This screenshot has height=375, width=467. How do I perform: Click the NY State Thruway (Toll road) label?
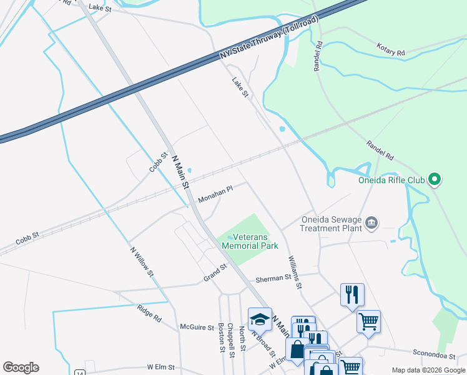269,38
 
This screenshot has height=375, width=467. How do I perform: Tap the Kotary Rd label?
391,49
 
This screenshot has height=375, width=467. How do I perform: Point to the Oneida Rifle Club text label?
391,181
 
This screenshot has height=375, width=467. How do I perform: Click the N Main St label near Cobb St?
180,172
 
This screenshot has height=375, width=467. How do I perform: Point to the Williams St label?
295,272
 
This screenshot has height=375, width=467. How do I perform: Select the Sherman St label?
274,279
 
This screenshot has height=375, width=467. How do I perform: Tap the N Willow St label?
141,261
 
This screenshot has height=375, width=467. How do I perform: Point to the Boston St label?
221,337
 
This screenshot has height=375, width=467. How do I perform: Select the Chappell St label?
231,341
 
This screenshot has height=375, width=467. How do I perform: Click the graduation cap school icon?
260,319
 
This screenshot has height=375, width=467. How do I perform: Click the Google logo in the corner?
21,367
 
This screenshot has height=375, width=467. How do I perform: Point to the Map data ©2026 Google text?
428,370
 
